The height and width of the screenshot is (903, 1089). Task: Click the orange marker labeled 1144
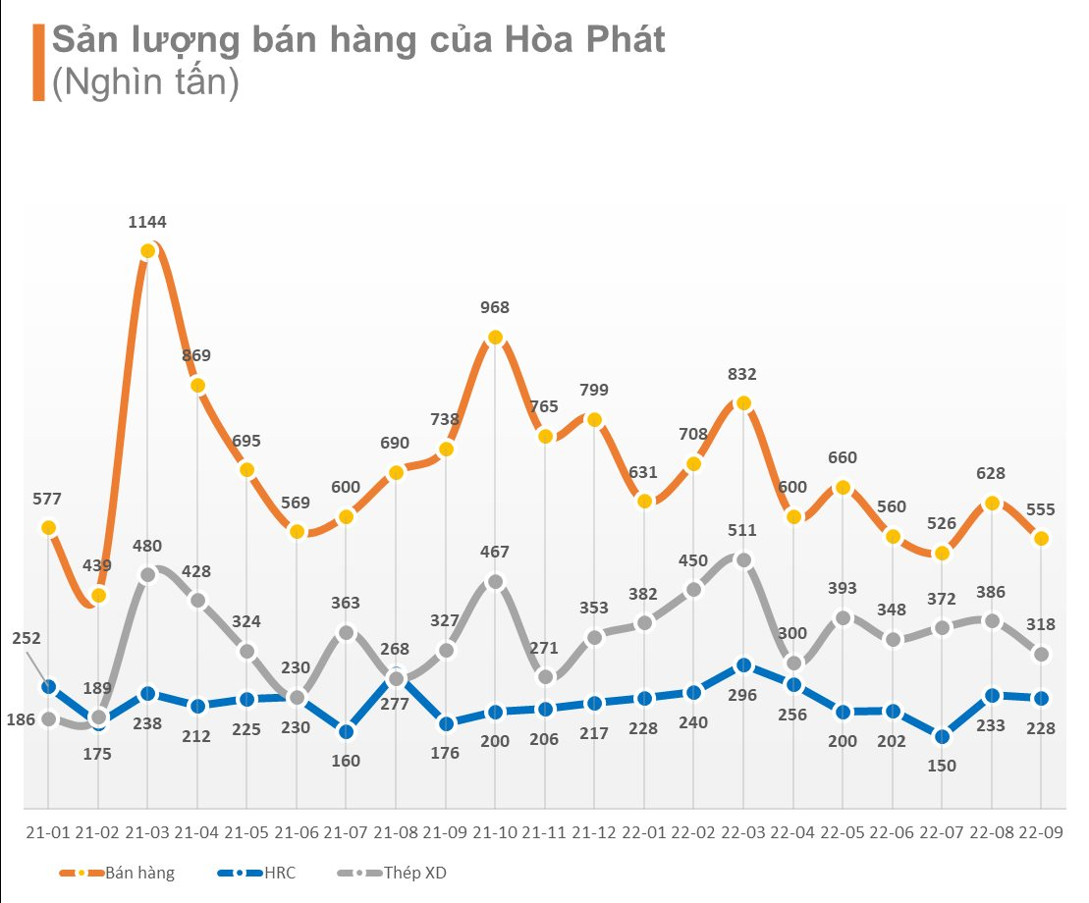(x=147, y=251)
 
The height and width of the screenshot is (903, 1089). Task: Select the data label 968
(x=495, y=308)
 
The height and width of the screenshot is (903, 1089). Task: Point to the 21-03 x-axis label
(x=147, y=832)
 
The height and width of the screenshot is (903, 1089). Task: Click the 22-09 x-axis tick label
(x=1042, y=832)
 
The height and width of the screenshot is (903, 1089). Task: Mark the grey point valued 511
(x=743, y=560)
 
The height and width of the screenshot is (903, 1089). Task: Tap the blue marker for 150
(x=942, y=736)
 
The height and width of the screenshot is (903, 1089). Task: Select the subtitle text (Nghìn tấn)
(x=145, y=82)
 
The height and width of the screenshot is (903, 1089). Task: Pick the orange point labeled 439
(x=98, y=595)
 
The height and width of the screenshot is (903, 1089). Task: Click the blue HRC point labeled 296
(x=743, y=665)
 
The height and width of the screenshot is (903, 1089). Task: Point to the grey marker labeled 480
(x=147, y=575)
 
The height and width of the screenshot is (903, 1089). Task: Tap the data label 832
(x=743, y=374)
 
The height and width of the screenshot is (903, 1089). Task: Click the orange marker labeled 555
(x=1042, y=538)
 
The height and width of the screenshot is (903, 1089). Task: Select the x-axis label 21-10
(x=495, y=832)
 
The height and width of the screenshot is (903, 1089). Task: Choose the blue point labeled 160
(x=346, y=731)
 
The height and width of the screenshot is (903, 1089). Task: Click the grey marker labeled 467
(x=495, y=581)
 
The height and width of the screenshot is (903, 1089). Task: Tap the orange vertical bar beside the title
(x=38, y=63)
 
